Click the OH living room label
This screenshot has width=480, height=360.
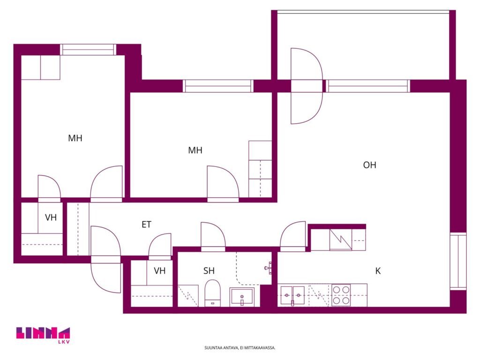(369, 165)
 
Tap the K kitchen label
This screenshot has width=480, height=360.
(378, 271)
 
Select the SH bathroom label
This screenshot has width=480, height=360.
(209, 270)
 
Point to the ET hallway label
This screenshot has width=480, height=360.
(146, 225)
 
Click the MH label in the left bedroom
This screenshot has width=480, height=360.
(75, 138)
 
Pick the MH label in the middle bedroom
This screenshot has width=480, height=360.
(195, 150)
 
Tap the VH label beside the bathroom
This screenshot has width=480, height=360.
(159, 270)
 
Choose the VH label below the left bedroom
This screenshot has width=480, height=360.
(51, 217)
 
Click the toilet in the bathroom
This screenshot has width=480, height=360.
(212, 293)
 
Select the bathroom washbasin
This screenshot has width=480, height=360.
(242, 297)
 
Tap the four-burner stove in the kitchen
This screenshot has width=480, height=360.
(341, 295)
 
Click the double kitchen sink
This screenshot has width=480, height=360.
(292, 296)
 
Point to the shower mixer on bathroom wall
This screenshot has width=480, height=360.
(268, 268)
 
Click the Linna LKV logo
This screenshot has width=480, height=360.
(43, 335)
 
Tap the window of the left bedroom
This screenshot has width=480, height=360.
(88, 50)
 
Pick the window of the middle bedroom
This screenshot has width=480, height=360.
(218, 86)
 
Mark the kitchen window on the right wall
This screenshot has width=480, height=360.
(458, 261)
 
